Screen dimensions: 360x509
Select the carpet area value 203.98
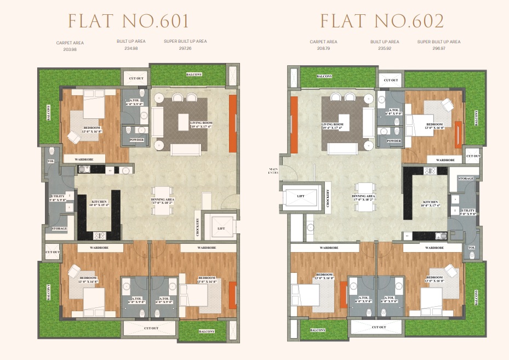click(x=70, y=49)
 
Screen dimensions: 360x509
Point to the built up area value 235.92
click(x=384, y=48)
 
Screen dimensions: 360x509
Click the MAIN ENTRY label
click(x=274, y=170)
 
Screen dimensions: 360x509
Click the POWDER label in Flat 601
click(x=136, y=140)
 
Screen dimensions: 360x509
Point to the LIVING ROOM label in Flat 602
click(x=332, y=126)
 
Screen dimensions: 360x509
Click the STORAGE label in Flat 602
click(x=466, y=179)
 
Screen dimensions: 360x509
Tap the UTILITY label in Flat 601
click(x=58, y=198)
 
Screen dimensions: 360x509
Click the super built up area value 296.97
click(x=438, y=48)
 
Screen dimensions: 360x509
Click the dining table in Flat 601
click(x=163, y=199)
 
